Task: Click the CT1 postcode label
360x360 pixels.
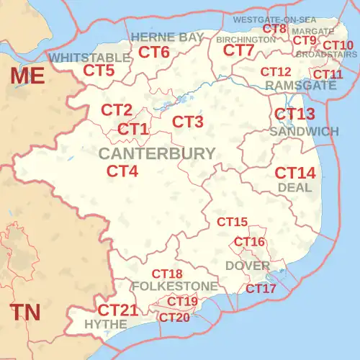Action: coord(133,130)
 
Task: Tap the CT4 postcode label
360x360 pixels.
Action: coord(122,171)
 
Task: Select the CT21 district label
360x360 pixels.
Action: coord(117,310)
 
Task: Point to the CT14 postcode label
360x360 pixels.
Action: coord(295,174)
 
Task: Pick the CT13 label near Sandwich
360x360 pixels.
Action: coord(295,114)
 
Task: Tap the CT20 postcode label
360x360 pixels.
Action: coord(174,318)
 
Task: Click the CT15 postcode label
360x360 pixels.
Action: coord(233,222)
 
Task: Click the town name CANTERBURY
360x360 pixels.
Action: coord(156,153)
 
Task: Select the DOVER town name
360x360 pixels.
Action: coord(247,266)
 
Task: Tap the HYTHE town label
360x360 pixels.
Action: coord(105,325)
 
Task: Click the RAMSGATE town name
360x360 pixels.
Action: coord(300,85)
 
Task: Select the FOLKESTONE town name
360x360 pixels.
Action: coord(174,287)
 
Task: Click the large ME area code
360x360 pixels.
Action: coord(27,76)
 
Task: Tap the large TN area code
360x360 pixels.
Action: coord(25,312)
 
